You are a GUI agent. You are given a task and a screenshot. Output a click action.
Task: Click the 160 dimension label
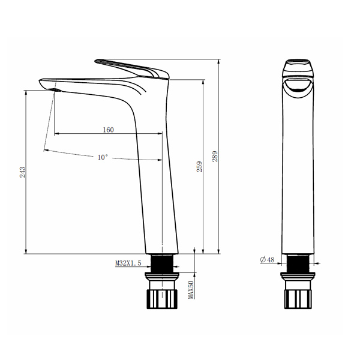click(108, 130)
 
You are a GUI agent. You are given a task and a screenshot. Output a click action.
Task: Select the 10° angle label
click(103, 157)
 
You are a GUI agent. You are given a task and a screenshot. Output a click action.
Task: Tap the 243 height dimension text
click(23, 172)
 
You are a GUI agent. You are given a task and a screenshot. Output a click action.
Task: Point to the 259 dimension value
click(200, 166)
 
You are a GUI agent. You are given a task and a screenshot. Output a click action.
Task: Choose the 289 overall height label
click(215, 157)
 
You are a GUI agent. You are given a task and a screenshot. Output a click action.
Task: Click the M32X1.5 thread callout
click(128, 263)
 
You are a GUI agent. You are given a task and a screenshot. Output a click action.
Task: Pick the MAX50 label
click(191, 290)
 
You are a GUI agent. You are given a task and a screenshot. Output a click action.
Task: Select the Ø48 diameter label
click(267, 259)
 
